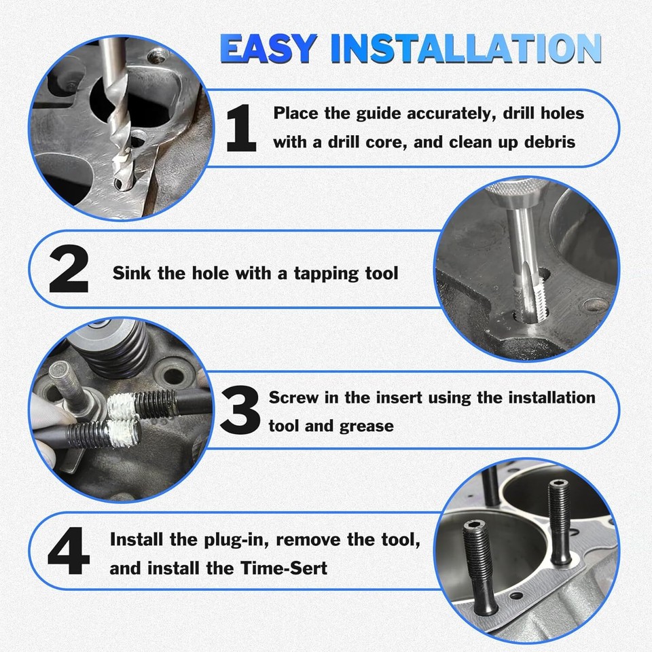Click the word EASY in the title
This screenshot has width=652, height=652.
[269, 48]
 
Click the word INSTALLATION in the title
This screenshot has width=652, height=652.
[466, 48]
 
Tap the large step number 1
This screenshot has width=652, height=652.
[241, 128]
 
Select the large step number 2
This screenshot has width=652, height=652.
[69, 269]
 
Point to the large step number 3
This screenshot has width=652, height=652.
[240, 410]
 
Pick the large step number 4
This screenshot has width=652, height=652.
[69, 551]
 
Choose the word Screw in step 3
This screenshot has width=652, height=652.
[293, 397]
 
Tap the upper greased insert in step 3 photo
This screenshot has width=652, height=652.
[123, 406]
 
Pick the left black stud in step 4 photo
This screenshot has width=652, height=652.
[479, 568]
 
